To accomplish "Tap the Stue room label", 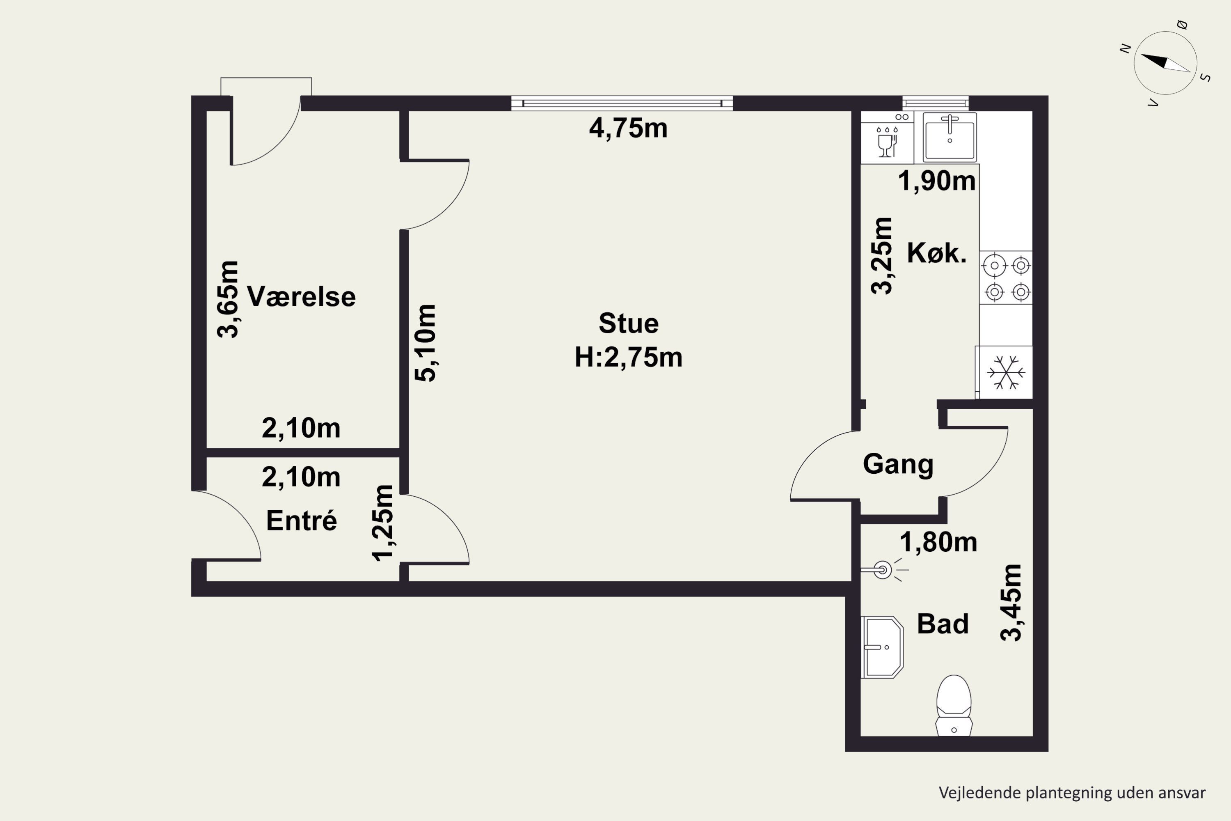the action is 629,323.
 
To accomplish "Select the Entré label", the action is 302,520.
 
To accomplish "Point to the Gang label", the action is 898,464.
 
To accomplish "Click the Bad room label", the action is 943,624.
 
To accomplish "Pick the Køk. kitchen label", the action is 936,253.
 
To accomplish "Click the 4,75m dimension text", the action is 628,128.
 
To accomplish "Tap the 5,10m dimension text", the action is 426,343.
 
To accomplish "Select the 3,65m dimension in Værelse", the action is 228,299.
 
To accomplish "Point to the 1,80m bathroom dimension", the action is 938,542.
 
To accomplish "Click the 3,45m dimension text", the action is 1011,603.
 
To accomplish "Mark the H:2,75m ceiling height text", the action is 629,358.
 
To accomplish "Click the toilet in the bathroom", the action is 954,706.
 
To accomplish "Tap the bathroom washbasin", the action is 883,647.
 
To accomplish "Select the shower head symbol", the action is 884,569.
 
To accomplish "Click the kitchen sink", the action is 950,137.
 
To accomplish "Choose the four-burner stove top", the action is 1006,277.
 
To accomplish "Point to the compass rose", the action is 1166,63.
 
